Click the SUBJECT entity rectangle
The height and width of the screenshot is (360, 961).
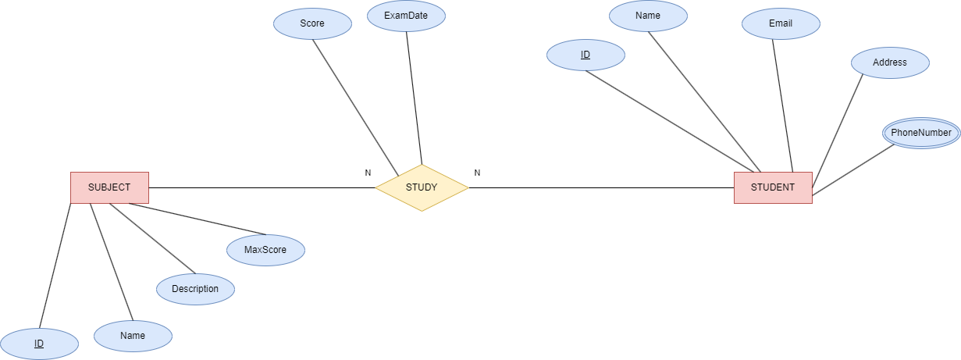(x=109, y=187)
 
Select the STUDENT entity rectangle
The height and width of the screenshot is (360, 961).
(x=773, y=187)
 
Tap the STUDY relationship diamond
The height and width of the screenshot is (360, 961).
(x=422, y=187)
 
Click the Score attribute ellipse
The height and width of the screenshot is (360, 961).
(x=312, y=23)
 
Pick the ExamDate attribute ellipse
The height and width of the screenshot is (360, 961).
(x=406, y=16)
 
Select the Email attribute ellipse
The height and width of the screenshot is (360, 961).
(x=781, y=23)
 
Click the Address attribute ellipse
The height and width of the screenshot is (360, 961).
(x=890, y=62)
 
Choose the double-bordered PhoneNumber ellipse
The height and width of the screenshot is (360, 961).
(x=921, y=133)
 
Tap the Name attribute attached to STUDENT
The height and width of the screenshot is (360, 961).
(x=648, y=16)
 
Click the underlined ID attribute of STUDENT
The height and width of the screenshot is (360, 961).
(x=585, y=55)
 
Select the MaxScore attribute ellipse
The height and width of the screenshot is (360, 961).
(x=265, y=250)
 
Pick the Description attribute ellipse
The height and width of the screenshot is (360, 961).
(x=195, y=289)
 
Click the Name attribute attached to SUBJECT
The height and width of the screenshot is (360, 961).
(x=133, y=336)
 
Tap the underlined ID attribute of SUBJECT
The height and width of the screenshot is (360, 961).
(x=39, y=344)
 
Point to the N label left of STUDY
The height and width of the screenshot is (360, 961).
(x=368, y=173)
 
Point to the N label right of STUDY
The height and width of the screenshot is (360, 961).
(x=477, y=173)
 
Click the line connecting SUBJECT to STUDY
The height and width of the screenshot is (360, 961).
(x=262, y=187)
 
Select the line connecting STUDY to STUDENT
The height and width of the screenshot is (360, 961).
(x=601, y=187)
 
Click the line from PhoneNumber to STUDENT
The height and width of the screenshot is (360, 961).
(x=853, y=169)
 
